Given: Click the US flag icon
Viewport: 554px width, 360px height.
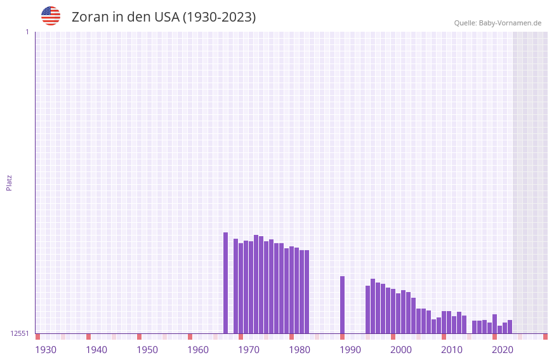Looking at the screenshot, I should [51, 16].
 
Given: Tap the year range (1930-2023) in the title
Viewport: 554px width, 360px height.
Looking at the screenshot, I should [219, 17].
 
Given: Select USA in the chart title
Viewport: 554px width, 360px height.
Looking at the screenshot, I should [167, 17].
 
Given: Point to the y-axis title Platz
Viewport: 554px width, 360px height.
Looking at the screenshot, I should [9, 182].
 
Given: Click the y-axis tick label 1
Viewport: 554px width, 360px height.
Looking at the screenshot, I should [27, 32].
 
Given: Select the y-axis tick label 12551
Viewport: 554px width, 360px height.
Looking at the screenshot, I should [20, 333].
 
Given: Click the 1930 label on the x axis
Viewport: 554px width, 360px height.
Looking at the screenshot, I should [46, 350].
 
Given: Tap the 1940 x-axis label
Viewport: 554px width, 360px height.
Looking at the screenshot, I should [96, 350].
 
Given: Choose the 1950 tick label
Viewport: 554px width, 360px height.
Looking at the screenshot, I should [147, 350].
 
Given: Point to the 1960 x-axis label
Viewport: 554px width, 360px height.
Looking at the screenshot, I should [198, 350].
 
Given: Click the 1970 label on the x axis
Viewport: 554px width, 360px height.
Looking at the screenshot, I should [249, 350].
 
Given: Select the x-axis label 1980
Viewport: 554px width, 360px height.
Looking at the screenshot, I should [300, 350].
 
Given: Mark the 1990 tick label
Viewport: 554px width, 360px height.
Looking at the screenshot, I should [350, 350].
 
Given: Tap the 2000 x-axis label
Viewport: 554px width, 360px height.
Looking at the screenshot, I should [401, 350].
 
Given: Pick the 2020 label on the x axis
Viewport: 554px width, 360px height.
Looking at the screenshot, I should [503, 350].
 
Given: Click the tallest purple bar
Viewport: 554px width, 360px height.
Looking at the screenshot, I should [225, 283].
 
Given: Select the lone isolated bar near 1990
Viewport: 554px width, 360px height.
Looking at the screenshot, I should [342, 305].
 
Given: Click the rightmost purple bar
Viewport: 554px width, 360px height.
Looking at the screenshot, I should [510, 326].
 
